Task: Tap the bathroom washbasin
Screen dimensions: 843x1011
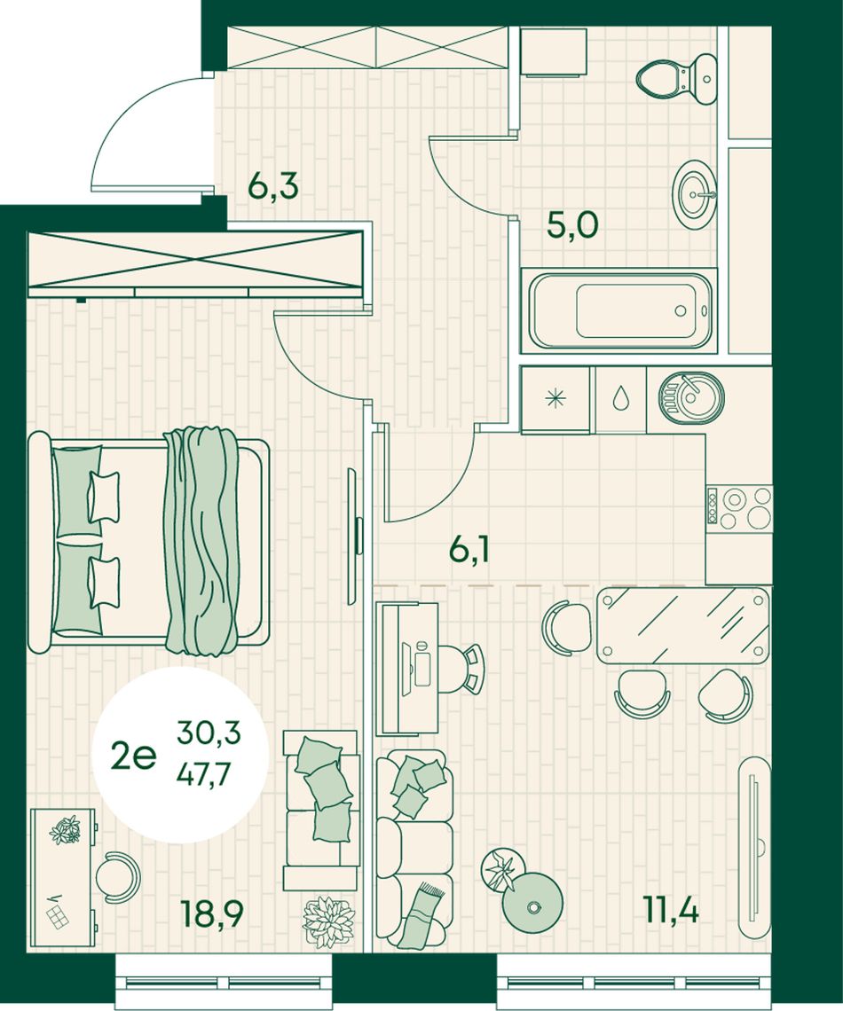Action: coord(696,192)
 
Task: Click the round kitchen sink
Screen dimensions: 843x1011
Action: coord(690,398)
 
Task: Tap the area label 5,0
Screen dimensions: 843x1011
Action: coord(572,225)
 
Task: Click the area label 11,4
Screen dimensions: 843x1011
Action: coord(671,910)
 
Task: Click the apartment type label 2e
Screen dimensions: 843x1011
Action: coord(133,756)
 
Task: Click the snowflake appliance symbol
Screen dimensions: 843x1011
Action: coord(555,399)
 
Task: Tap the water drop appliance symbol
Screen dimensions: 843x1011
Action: coord(620,398)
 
